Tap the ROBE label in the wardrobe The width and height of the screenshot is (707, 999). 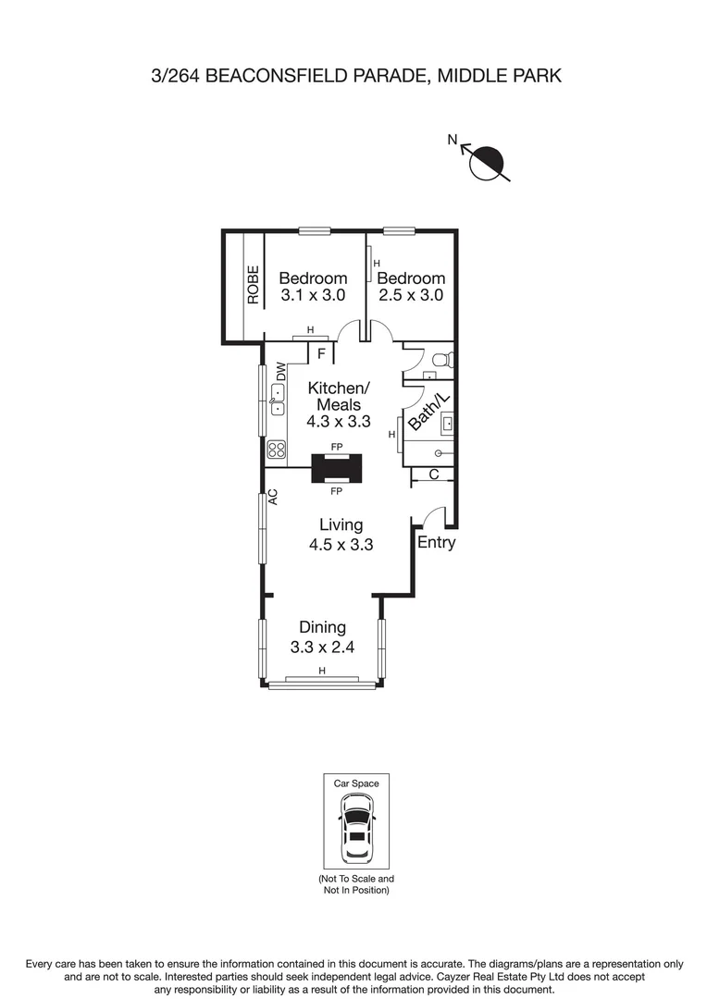253,285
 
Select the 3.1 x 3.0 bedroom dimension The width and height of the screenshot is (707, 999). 313,296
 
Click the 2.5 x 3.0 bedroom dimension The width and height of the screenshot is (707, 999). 411,296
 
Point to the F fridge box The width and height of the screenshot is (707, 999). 320,353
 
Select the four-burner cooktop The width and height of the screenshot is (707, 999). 276,450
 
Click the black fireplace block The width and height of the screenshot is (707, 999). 336,468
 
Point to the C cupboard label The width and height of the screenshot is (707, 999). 433,475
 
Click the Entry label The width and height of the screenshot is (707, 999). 436,543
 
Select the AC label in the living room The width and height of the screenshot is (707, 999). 274,497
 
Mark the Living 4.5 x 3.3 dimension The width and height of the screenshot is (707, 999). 341,545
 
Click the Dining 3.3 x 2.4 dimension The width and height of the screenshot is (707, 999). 322,647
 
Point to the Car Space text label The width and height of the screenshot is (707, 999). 356,783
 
